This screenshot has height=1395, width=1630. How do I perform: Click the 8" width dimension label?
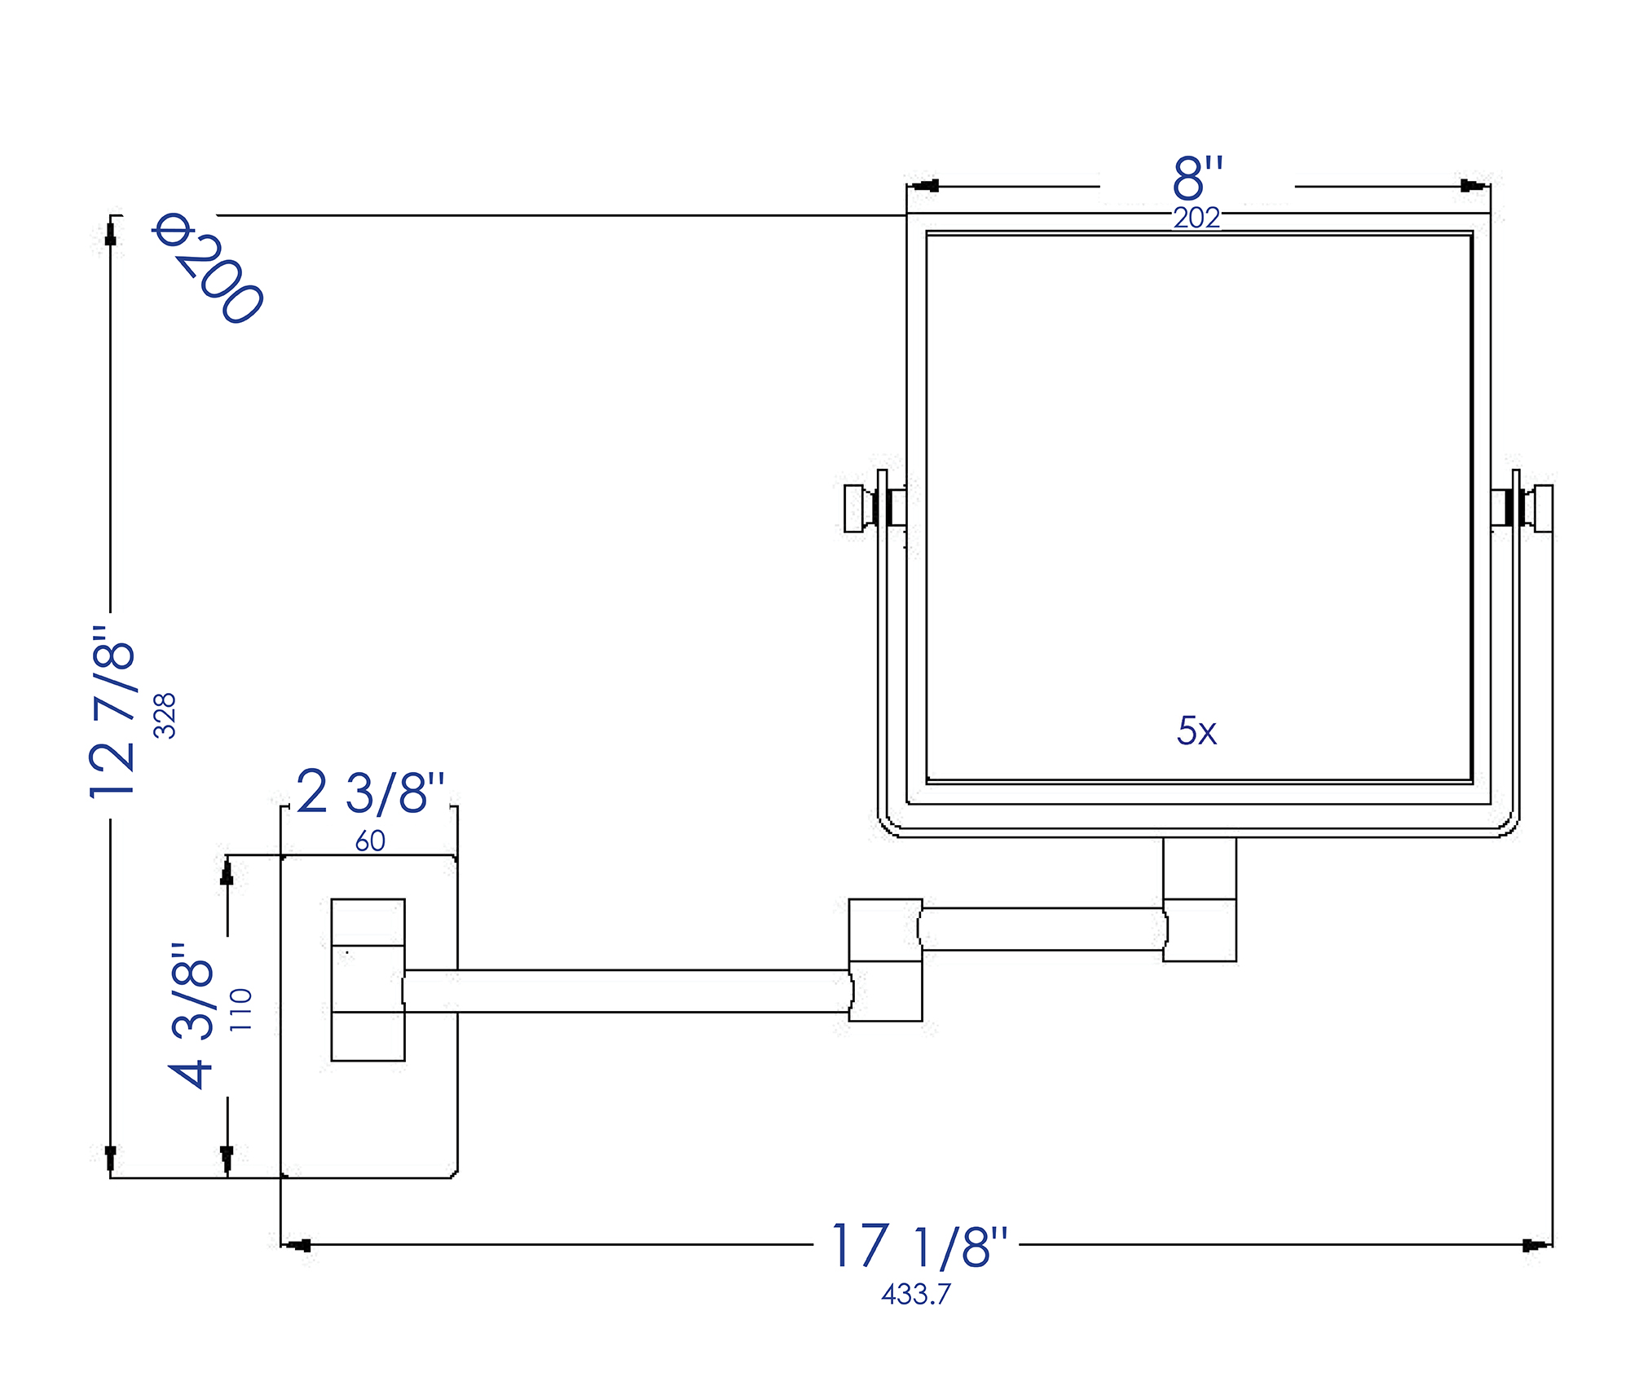(x=1197, y=178)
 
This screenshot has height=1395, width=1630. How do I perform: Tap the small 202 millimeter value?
(x=1196, y=218)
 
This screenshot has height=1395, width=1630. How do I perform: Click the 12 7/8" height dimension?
(x=112, y=712)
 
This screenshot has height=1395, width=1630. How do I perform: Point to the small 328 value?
(x=165, y=715)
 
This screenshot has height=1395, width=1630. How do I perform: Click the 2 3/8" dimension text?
(x=370, y=792)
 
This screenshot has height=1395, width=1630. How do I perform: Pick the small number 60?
(x=370, y=841)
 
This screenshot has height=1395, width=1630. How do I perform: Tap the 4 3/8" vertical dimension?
(x=192, y=1015)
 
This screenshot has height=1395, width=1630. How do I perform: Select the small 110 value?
(x=241, y=1009)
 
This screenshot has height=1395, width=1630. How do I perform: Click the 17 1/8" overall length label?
(x=919, y=1246)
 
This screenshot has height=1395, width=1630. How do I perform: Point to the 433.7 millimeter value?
(x=915, y=1294)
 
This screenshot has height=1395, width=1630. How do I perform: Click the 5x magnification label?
(x=1196, y=731)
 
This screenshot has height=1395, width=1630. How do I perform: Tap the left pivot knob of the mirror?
(x=854, y=508)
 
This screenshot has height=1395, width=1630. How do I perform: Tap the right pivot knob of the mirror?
(x=1543, y=508)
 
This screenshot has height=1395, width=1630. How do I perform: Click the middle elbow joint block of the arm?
(x=885, y=960)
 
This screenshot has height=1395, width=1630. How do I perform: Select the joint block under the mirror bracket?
(x=1199, y=899)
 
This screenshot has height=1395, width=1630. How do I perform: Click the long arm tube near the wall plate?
(x=628, y=991)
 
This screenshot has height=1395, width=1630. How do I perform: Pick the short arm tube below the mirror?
(x=1042, y=929)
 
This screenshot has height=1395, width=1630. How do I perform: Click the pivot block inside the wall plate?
(x=368, y=979)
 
